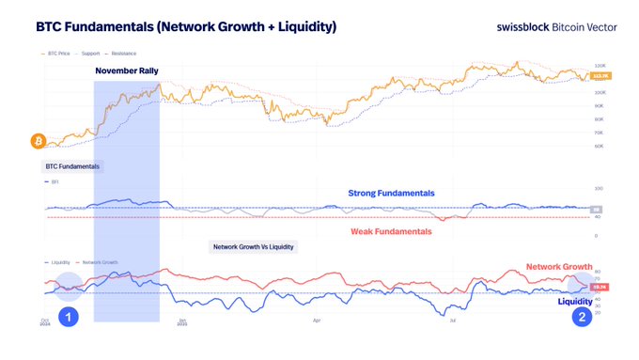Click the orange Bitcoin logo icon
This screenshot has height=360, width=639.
click(x=39, y=141)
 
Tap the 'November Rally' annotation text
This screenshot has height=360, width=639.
click(x=127, y=71)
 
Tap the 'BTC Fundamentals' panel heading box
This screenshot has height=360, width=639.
click(x=73, y=166)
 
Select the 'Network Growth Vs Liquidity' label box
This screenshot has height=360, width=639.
click(x=254, y=246)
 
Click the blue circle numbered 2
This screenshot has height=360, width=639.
click(x=583, y=318)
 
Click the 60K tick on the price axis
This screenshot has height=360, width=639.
click(x=597, y=148)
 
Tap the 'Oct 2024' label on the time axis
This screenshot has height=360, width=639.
click(x=45, y=323)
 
